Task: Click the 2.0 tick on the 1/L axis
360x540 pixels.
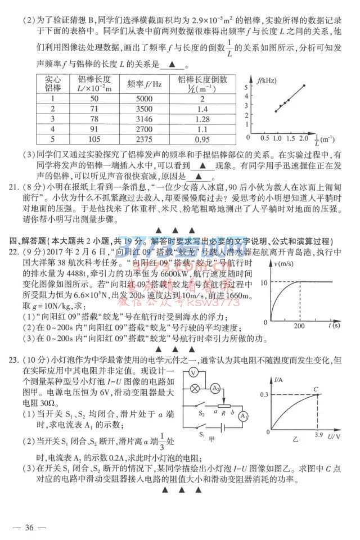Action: coord(304,138)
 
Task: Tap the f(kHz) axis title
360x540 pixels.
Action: coord(267,80)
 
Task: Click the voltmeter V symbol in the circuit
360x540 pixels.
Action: coord(192,372)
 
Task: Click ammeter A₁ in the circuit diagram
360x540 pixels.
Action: coord(243,416)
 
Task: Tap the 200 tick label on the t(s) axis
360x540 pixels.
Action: coord(299,325)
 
